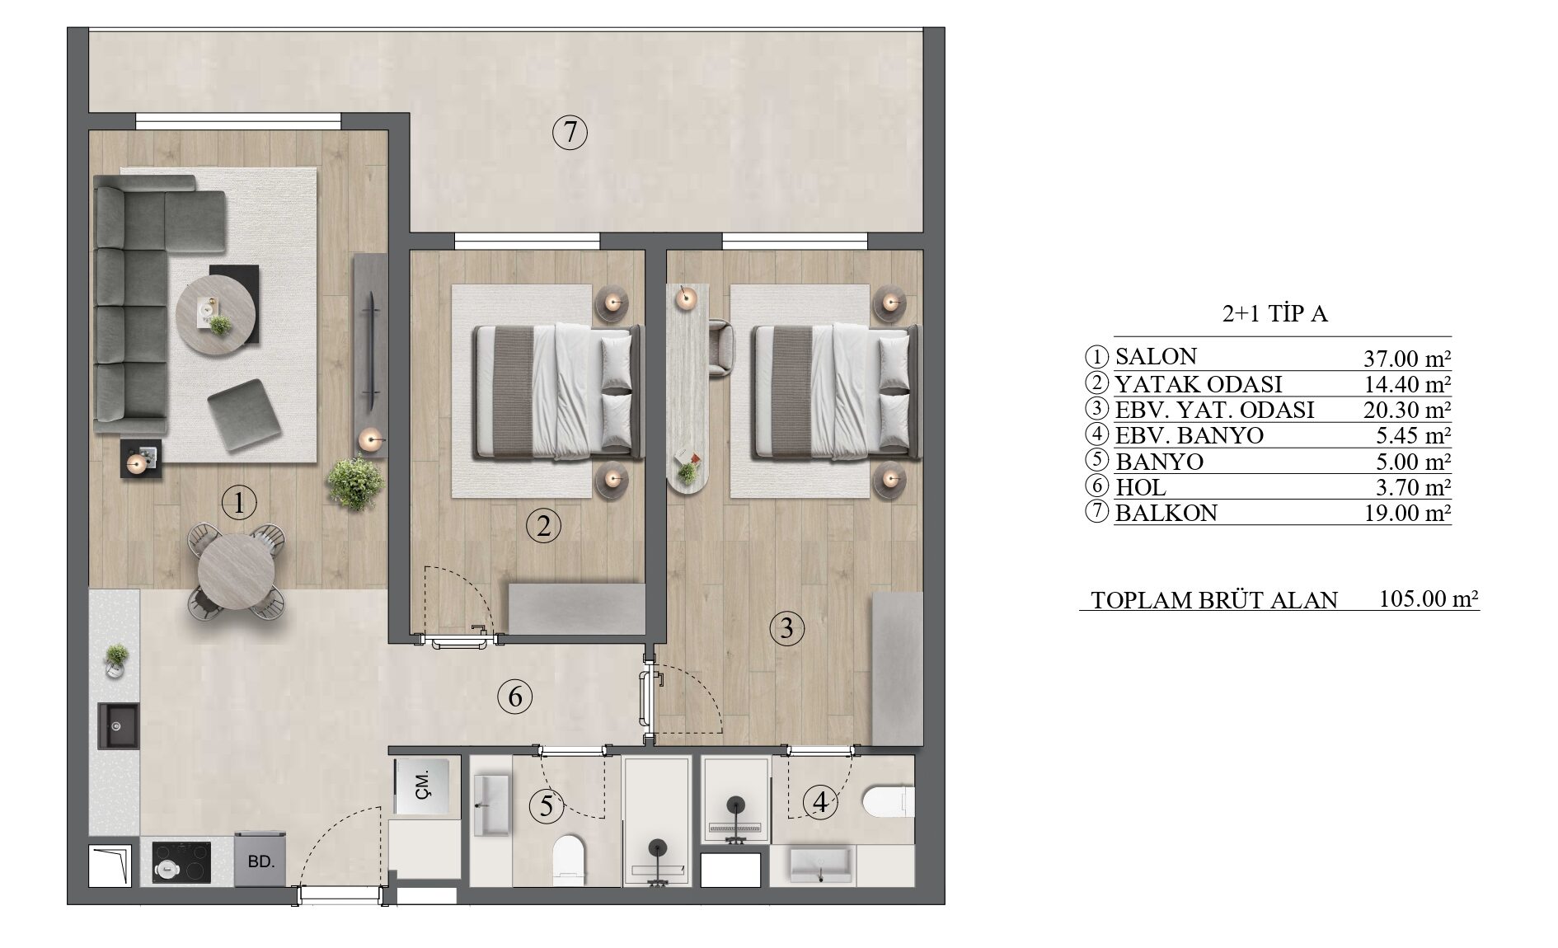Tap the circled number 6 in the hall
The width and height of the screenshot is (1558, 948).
(515, 697)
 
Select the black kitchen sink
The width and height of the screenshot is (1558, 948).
(119, 725)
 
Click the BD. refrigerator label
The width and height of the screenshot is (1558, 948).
(260, 862)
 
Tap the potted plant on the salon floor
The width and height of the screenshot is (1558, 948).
(355, 483)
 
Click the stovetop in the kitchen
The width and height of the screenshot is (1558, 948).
(181, 862)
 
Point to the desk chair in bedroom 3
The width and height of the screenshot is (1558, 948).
(720, 349)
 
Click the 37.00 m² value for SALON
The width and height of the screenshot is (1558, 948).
(1407, 359)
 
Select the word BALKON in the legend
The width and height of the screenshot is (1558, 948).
(1166, 514)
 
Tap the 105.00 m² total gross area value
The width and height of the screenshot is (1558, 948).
(1429, 598)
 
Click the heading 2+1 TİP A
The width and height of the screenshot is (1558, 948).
(1274, 314)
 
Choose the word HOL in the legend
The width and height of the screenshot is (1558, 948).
(1141, 487)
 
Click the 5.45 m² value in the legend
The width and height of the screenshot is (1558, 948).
(1413, 434)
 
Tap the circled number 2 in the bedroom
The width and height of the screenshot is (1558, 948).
(543, 526)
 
